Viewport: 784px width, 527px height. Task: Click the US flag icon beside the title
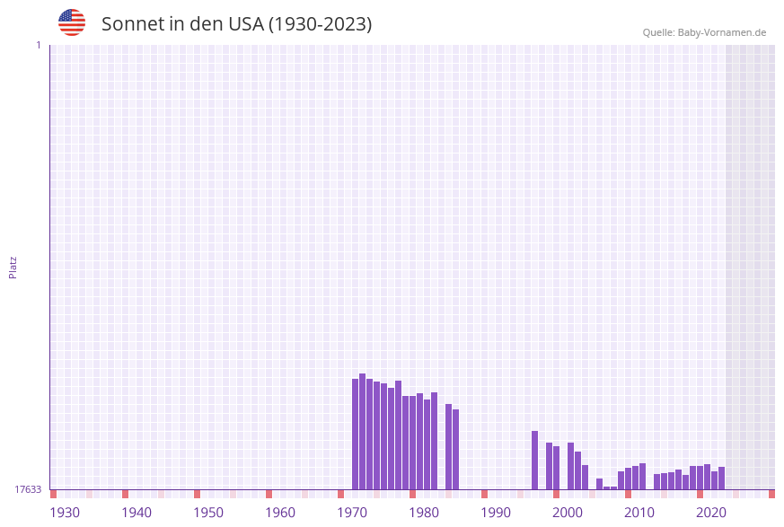72,22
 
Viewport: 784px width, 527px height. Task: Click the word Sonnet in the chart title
131,24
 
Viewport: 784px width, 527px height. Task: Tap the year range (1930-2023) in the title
320,24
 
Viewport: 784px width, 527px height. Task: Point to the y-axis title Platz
13,267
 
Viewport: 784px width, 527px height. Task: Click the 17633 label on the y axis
28,489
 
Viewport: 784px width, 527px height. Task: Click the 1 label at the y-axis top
38,45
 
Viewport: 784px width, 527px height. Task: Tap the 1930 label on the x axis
65,512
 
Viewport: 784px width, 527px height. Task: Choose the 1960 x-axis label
280,512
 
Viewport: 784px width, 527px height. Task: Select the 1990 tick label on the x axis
496,512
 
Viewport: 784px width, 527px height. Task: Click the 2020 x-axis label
711,512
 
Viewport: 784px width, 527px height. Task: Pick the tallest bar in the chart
362,431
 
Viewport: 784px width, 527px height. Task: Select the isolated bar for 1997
534,460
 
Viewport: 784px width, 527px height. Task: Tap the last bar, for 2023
721,478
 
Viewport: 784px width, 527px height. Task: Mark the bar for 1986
455,449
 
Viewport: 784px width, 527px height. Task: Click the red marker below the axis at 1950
197,494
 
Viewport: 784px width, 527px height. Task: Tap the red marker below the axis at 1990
484,494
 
